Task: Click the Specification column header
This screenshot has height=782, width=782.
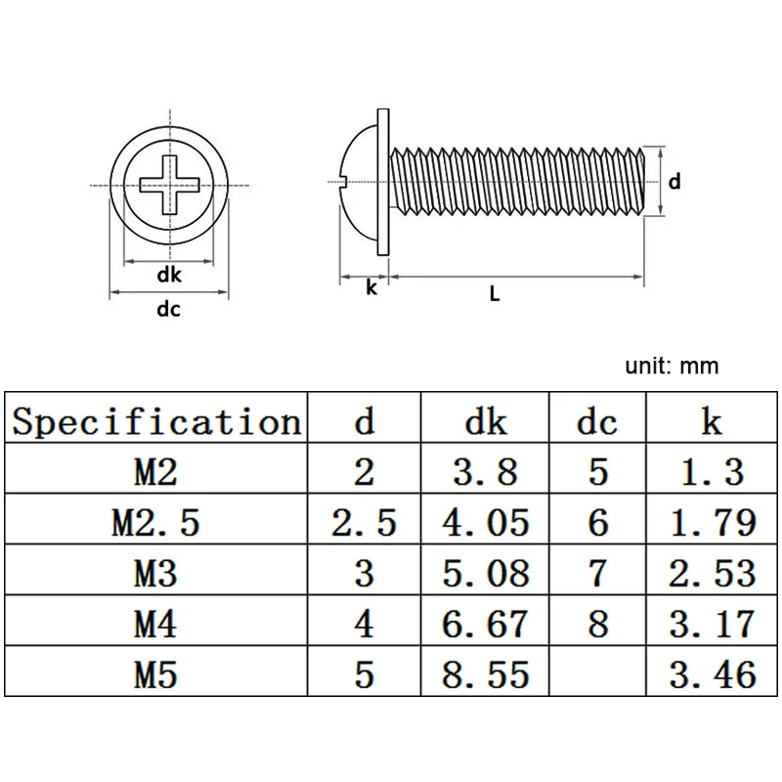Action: (156, 422)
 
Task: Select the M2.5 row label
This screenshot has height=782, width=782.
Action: (156, 523)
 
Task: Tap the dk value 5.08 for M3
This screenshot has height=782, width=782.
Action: (486, 573)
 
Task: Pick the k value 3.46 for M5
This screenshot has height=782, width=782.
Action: (711, 673)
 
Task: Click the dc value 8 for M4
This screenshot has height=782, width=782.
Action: (598, 623)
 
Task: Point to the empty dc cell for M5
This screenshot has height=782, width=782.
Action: (598, 673)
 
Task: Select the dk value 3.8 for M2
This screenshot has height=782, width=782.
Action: (486, 473)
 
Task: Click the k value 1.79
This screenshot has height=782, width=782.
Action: (711, 523)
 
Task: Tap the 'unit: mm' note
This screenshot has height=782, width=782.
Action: (672, 367)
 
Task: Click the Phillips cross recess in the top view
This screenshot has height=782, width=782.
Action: (168, 184)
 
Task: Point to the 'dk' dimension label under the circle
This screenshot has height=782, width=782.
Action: (169, 275)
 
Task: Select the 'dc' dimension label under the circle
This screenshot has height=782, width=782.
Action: (169, 310)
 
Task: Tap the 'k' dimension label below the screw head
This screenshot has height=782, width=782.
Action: (371, 287)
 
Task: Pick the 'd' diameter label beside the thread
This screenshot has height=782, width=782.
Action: (673, 181)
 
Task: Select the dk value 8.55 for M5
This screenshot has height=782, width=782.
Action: (486, 673)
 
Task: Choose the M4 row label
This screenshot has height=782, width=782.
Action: (156, 623)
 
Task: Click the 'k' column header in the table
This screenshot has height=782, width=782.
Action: (711, 422)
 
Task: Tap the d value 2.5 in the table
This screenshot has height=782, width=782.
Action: (364, 523)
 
